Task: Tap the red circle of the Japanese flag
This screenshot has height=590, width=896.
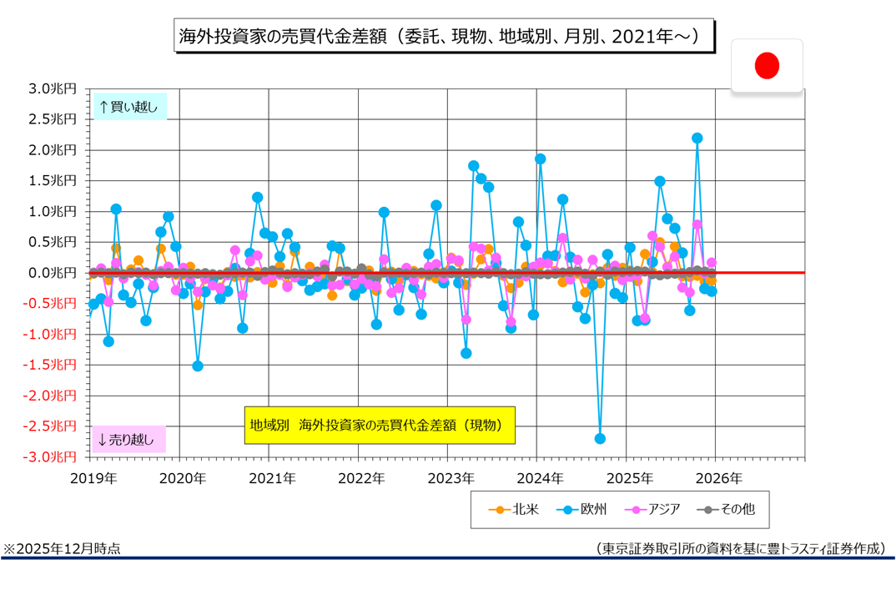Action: click(767, 65)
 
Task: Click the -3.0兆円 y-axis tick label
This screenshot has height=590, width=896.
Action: click(52, 456)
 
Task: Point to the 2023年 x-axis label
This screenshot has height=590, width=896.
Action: click(451, 478)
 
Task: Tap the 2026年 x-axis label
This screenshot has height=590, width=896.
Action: click(718, 478)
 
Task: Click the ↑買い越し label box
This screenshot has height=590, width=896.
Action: click(128, 107)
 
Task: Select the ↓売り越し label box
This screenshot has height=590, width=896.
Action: click(128, 439)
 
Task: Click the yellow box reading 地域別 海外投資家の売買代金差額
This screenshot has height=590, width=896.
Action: click(379, 425)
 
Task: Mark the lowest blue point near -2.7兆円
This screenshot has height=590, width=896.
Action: click(600, 439)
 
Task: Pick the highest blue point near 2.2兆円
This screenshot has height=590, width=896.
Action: click(697, 138)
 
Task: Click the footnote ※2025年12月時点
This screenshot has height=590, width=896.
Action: click(62, 548)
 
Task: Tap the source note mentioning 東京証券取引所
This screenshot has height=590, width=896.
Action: click(739, 548)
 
